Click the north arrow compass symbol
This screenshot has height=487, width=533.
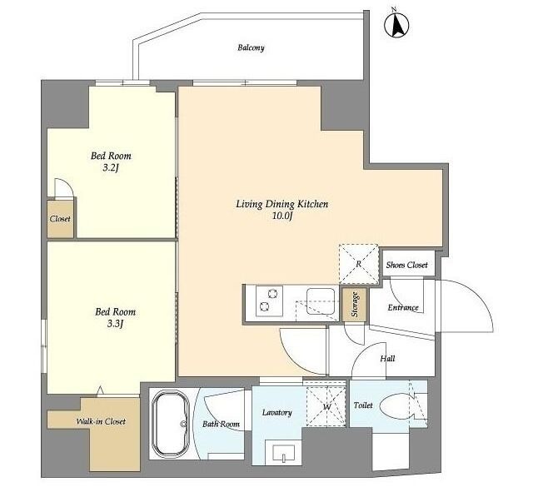click(x=396, y=25)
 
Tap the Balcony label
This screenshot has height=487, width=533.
click(x=251, y=47)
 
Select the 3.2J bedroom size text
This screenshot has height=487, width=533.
click(x=111, y=168)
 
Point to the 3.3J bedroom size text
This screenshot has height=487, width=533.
click(x=115, y=324)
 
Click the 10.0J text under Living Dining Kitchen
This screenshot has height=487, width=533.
click(x=282, y=216)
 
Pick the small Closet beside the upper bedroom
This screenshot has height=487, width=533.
click(x=60, y=219)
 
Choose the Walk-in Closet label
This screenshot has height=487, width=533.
click(x=101, y=422)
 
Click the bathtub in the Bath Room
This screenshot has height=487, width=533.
click(x=171, y=424)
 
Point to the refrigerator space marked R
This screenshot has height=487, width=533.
click(x=359, y=264)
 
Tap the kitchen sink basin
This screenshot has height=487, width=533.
click(x=321, y=301)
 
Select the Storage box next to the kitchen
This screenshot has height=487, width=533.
click(x=355, y=305)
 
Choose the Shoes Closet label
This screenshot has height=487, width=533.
click(x=407, y=265)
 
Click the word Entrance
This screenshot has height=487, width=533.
click(x=403, y=307)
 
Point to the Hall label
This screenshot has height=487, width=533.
click(x=387, y=359)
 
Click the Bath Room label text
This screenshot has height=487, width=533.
click(x=221, y=424)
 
